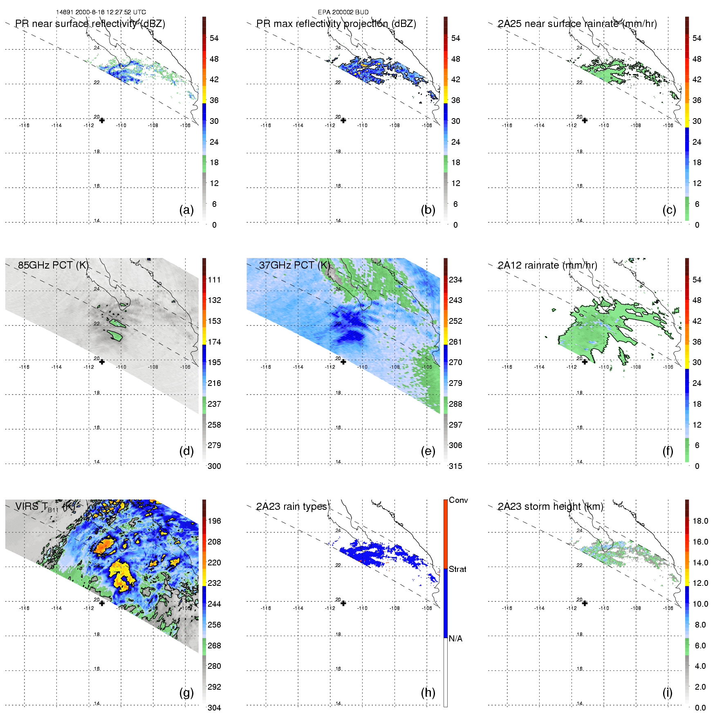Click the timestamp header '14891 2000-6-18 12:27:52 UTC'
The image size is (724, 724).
tap(101, 12)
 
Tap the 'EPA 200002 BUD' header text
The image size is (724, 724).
tap(343, 12)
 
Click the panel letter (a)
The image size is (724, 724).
tap(186, 210)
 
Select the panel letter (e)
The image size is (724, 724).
tap(428, 451)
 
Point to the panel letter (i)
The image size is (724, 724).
tap(667, 693)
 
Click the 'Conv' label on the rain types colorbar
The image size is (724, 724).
tap(458, 500)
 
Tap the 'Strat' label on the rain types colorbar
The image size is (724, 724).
tap(457, 569)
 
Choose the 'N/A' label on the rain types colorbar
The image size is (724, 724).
tap(455, 639)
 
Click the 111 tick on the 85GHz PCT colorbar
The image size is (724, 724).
tap(214, 280)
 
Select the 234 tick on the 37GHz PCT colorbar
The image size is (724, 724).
tap(455, 280)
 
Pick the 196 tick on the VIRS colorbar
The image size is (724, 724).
tap(214, 521)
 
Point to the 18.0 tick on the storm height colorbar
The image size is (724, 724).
tap(700, 521)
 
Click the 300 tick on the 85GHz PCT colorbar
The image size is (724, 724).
tap(214, 466)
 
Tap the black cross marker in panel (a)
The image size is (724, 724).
tap(102, 120)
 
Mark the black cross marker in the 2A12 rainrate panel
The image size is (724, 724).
tap(585, 362)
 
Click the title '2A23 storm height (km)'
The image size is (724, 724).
tap(550, 507)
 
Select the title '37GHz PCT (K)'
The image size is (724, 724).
tap(294, 265)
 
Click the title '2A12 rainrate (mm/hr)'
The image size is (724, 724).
tap(547, 265)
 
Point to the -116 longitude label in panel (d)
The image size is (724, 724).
tap(24, 367)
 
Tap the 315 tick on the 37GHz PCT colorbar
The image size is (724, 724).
tap(455, 466)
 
